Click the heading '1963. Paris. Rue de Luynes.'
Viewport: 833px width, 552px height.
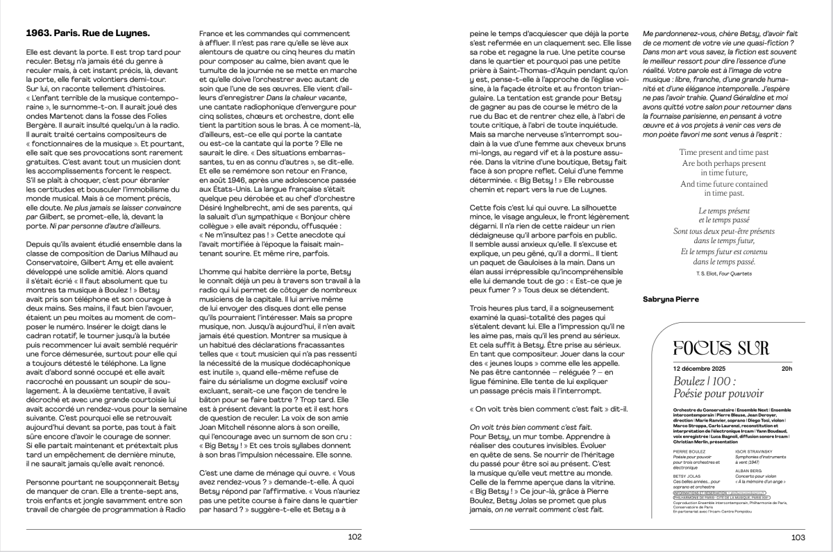[x=87, y=33]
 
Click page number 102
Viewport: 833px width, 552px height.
[x=355, y=536]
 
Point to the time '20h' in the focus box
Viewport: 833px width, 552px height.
[x=786, y=369]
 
